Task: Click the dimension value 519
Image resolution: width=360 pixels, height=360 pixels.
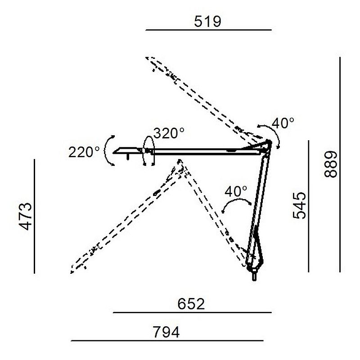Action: pyautogui.click(x=207, y=22)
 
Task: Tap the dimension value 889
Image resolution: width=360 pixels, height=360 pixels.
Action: pyautogui.click(x=330, y=164)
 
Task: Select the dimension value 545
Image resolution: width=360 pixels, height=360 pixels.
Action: pyautogui.click(x=299, y=205)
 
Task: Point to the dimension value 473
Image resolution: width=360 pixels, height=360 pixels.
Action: pyautogui.click(x=25, y=216)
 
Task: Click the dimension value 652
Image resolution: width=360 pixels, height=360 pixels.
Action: pyautogui.click(x=191, y=304)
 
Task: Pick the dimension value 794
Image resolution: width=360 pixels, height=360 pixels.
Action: pyautogui.click(x=166, y=332)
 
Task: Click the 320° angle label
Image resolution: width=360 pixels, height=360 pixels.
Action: pyautogui.click(x=169, y=133)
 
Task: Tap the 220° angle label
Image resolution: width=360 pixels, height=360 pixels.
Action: pyautogui.click(x=84, y=152)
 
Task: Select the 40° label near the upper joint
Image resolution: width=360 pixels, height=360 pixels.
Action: pyautogui.click(x=283, y=123)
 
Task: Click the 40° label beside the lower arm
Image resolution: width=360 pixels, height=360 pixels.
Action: pyautogui.click(x=236, y=191)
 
